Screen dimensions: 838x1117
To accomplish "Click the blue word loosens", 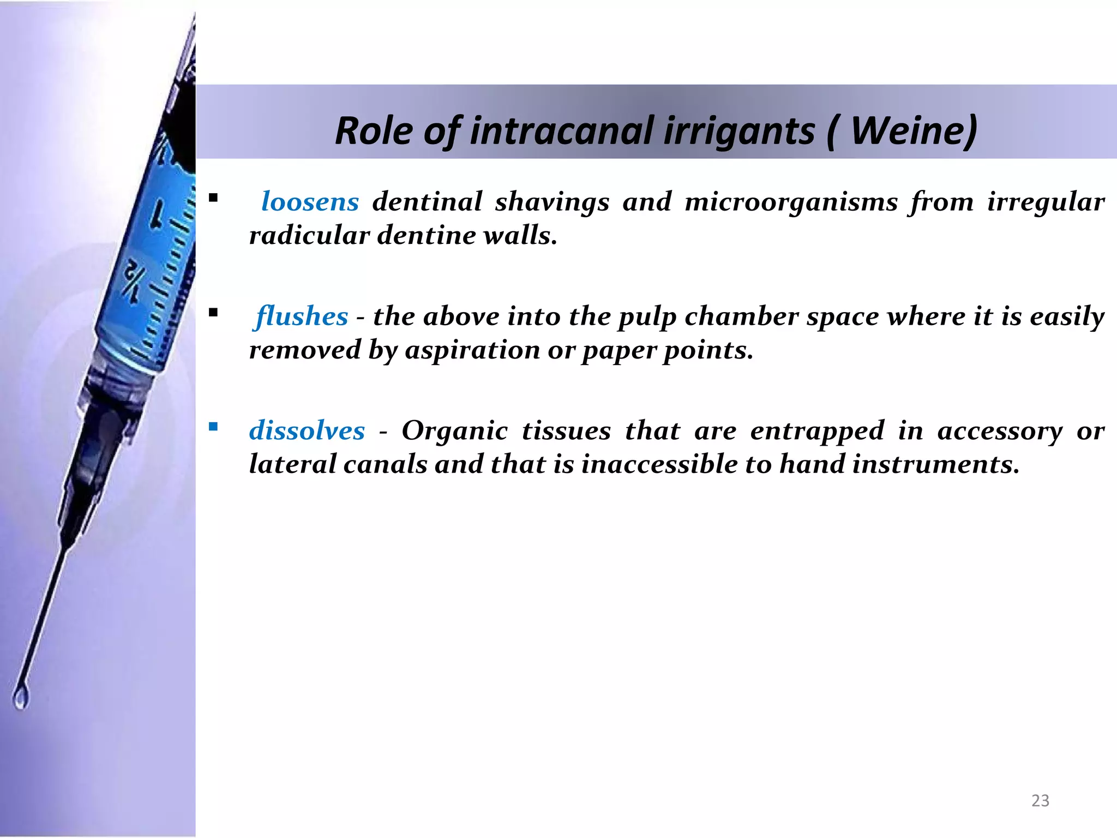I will [310, 202].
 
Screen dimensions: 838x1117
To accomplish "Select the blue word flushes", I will [302, 316].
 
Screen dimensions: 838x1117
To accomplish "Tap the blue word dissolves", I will [307, 431].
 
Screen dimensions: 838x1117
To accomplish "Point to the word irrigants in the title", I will [738, 131].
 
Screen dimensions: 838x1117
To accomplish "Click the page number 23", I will [1040, 800].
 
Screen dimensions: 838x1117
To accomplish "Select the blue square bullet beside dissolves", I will [213, 426].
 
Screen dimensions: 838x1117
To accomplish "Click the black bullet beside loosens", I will [213, 197].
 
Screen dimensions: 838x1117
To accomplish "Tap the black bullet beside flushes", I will [213, 312].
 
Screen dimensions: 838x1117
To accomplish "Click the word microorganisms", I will [791, 202].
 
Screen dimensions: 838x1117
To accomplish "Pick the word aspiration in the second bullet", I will [472, 350].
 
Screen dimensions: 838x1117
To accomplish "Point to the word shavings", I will [552, 202].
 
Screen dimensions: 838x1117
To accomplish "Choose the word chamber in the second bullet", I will [742, 316].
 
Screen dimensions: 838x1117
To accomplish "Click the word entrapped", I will [817, 431].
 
